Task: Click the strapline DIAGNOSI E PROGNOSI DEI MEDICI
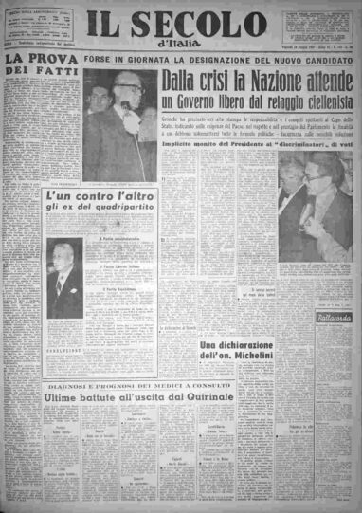coord(138,389)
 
